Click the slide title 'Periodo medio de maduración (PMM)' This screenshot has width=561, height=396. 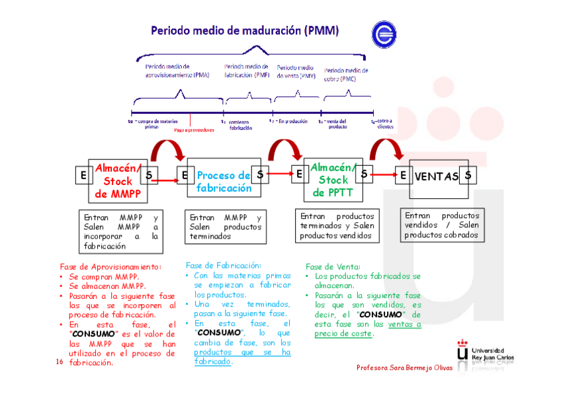[x=245, y=30]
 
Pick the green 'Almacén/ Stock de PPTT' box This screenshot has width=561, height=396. [x=333, y=180]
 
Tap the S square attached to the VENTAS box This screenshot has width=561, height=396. [x=468, y=175]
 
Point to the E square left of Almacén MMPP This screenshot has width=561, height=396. [x=83, y=175]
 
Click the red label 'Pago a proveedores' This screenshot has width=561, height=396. [x=194, y=130]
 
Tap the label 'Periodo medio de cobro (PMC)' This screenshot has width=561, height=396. [x=346, y=74]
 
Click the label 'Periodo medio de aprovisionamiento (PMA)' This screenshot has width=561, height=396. [x=177, y=71]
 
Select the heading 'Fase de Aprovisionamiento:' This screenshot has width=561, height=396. [x=110, y=266]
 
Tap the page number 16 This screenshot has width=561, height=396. [x=59, y=362]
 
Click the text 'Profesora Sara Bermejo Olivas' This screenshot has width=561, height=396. [x=404, y=368]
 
